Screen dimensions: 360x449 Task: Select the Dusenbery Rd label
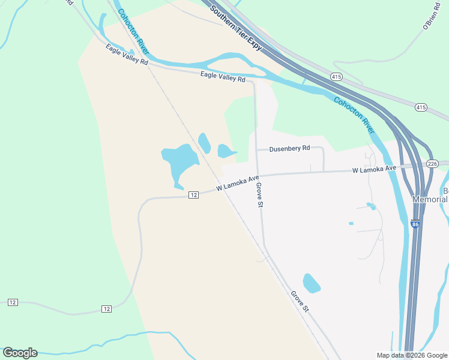(x=289, y=148)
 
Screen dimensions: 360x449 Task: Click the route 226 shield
(x=433, y=163)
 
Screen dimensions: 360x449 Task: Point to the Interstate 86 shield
(x=415, y=224)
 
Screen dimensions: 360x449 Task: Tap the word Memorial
(x=430, y=199)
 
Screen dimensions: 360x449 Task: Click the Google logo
(x=20, y=353)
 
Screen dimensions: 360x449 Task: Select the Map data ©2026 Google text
(x=412, y=355)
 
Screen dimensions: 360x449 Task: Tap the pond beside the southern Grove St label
(x=311, y=283)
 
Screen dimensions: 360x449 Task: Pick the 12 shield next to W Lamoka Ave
(x=193, y=195)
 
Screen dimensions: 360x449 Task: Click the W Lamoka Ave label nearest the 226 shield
(x=375, y=170)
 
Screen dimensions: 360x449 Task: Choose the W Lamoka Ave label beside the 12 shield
(x=237, y=183)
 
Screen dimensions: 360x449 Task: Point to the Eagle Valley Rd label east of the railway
(x=223, y=76)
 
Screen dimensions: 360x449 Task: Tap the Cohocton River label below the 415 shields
(x=354, y=116)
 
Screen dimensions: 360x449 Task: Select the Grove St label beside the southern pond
(x=300, y=302)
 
